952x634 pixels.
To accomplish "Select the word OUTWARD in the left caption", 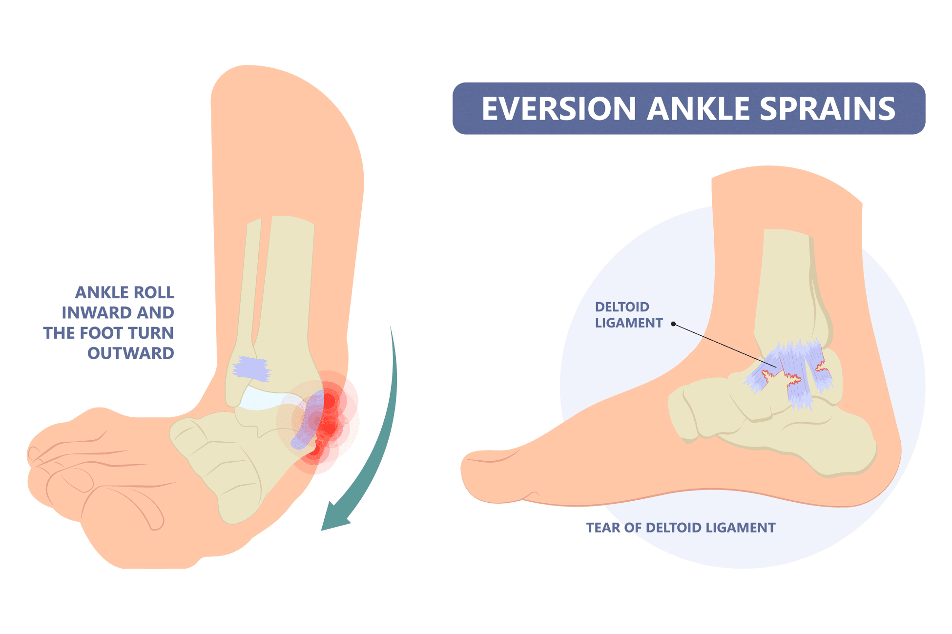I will tap(130, 353).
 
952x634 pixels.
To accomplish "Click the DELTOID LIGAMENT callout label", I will tap(628, 315).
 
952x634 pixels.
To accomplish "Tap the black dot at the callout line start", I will tap(673, 324).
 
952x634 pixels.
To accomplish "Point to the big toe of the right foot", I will tap(488, 476).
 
